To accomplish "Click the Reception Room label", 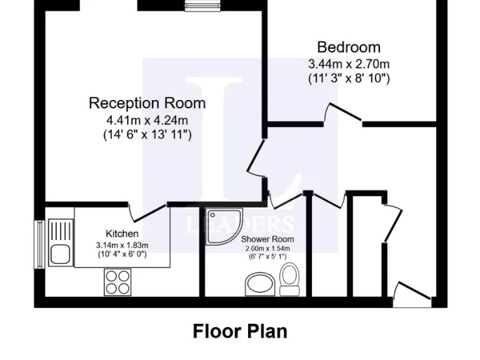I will (147, 102).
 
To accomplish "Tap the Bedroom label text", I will (349, 47).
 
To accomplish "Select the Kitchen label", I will (122, 234).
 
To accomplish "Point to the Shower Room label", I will (267, 239).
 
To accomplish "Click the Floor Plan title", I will (240, 330).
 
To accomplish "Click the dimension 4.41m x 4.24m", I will (147, 119).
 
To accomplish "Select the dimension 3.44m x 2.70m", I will (349, 64).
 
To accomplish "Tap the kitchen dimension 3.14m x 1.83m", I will (122, 244).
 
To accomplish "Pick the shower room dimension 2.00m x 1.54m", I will (267, 248).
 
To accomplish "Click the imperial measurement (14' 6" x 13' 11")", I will (147, 134).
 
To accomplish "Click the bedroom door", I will (344, 114).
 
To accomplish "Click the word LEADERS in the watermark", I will (240, 224).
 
